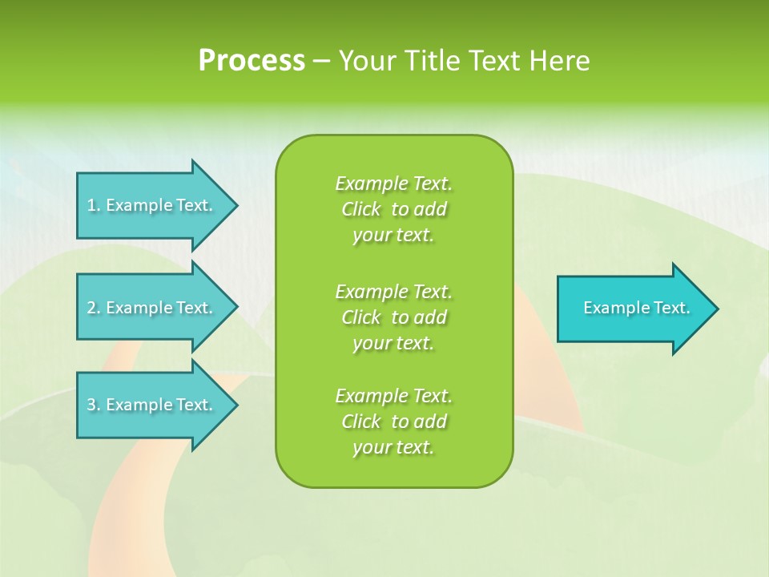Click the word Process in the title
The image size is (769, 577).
point(252,61)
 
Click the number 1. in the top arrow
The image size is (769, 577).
point(93,205)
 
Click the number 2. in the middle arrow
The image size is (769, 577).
point(93,308)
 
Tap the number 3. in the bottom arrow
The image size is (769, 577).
point(93,405)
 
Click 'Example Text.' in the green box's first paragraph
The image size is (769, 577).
point(393,184)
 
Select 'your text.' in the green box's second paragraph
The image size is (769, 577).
point(393,343)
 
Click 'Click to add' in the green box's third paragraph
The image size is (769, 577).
point(393,422)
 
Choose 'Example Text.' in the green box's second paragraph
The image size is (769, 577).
point(393,291)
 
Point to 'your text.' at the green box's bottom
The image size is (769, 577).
point(393,447)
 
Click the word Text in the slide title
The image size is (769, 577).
point(494,61)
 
